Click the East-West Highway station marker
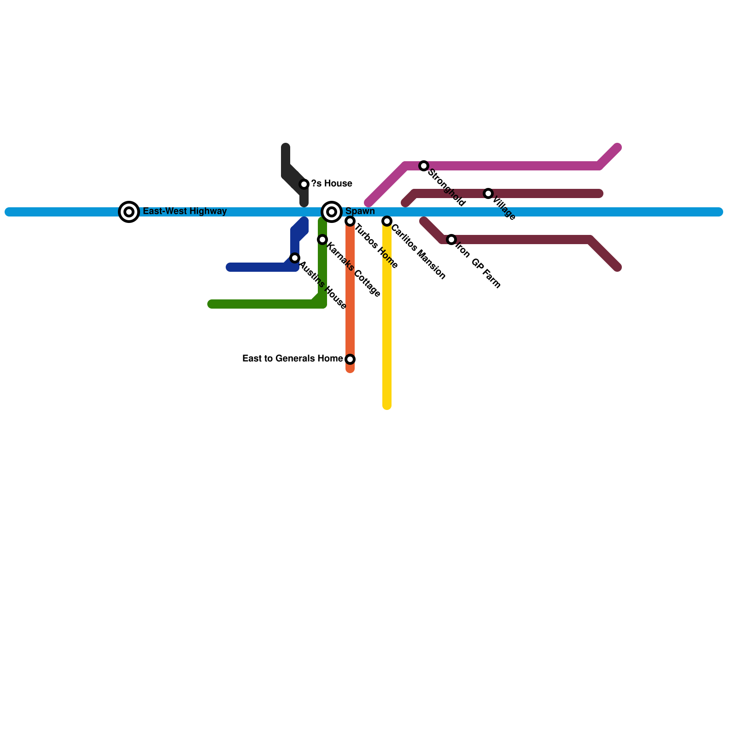point(129,212)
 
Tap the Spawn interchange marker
point(332,212)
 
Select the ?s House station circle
point(304,184)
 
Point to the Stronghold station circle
point(424,166)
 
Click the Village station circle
point(488,193)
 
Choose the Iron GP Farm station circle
point(451,240)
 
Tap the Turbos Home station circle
point(350,221)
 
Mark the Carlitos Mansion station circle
point(387,221)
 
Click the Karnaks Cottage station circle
point(322,240)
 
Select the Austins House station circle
point(295,258)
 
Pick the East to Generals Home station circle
point(350,359)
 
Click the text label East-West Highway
point(185,211)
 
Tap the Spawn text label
point(360,211)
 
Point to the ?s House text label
point(332,184)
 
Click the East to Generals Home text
point(292,359)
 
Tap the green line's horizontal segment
point(263,304)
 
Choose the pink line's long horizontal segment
point(507,166)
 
